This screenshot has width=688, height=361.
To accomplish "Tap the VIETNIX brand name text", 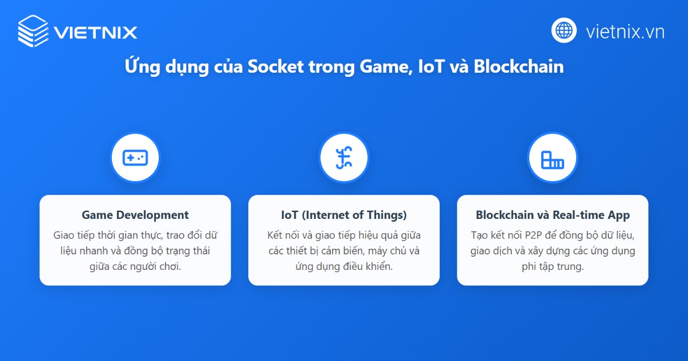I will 96,32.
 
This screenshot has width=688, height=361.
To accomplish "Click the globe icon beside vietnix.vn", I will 564,30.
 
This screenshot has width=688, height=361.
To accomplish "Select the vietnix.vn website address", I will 625,31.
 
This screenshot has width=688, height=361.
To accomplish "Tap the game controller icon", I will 135,158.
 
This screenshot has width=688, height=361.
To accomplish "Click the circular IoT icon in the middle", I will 344,158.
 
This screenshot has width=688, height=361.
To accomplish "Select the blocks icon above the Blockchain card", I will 553,158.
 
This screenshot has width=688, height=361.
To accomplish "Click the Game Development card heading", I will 135,215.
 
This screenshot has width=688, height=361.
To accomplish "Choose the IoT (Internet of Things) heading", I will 344,215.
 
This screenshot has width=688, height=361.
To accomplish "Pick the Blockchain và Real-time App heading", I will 553,215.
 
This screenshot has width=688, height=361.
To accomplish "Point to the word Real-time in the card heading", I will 578,215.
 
